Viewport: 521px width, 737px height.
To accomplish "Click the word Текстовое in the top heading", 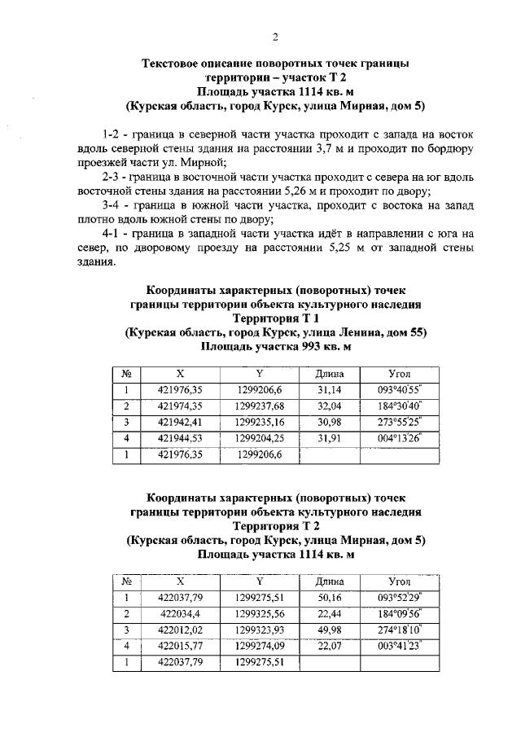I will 176,63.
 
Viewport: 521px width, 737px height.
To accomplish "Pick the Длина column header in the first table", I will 330,374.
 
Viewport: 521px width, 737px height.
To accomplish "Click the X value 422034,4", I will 180,614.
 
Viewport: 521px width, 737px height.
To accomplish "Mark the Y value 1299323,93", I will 259,630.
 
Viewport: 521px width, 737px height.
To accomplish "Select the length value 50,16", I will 330,599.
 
